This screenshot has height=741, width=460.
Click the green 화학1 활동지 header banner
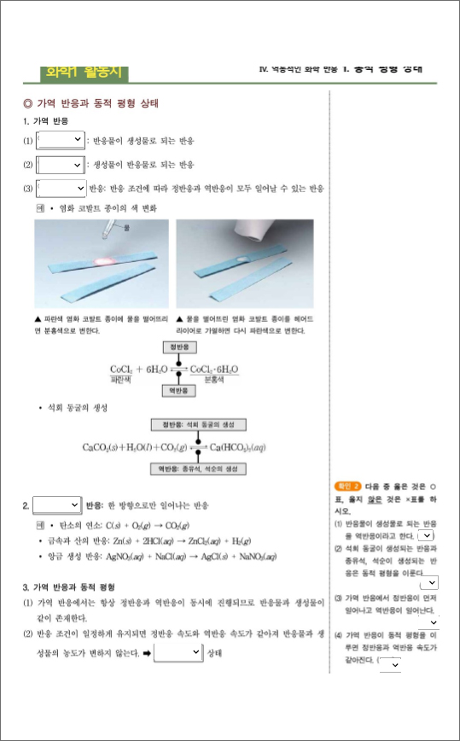(x=83, y=73)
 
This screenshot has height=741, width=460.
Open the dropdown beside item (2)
(x=60, y=164)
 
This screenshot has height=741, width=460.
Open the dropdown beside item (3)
(x=61, y=188)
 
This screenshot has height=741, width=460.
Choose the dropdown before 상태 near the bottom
(x=178, y=653)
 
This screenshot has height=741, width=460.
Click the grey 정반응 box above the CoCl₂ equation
(x=178, y=347)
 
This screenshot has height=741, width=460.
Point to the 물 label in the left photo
(x=127, y=229)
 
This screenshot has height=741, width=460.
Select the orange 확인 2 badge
(x=348, y=485)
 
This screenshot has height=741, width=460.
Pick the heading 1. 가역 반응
(x=45, y=121)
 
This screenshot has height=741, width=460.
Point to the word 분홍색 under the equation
(x=213, y=376)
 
